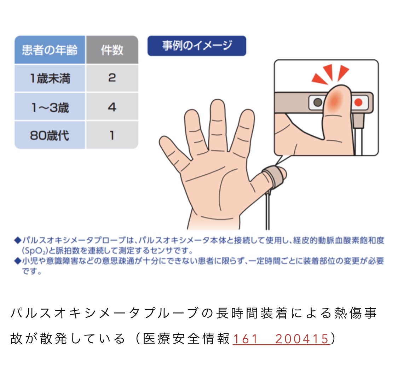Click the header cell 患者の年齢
tap(50, 50)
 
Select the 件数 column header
tap(112, 50)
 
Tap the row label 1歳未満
tap(50, 78)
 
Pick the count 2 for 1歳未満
tap(112, 78)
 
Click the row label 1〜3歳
tap(50, 107)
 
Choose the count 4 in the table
tap(112, 107)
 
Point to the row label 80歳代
tap(50, 135)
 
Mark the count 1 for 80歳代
tap(112, 135)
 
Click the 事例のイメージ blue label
tap(197, 46)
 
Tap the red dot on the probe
tap(358, 103)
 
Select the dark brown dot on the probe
tap(318, 103)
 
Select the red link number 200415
tap(302, 339)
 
